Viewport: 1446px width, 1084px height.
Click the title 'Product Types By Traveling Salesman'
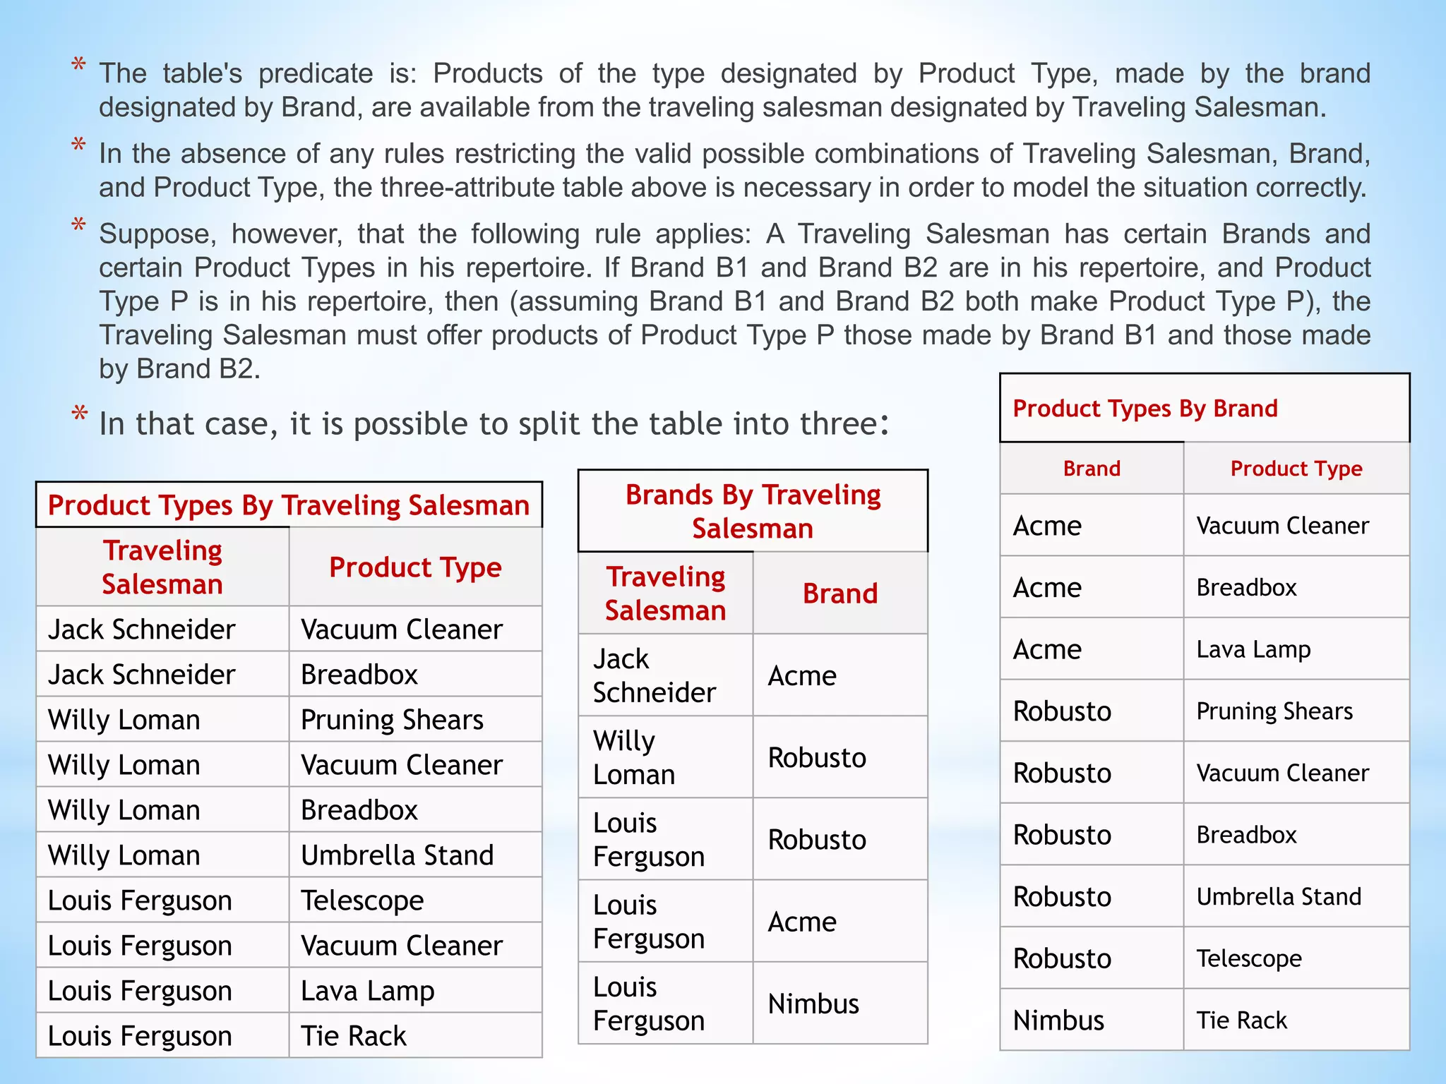point(289,505)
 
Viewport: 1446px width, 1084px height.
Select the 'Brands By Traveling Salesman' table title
point(753,511)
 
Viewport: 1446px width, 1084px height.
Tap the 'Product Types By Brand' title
point(1145,409)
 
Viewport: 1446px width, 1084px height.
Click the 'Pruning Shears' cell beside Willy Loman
point(392,720)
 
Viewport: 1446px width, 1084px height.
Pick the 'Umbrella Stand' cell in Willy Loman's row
point(397,855)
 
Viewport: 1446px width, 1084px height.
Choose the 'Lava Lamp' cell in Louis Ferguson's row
point(367,991)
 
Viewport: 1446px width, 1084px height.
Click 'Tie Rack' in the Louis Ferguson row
point(354,1036)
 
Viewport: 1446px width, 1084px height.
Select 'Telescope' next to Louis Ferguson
point(362,901)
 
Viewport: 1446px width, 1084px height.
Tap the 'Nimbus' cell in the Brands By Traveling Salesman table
point(813,1004)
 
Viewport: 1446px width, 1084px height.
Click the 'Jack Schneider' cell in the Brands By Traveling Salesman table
point(655,675)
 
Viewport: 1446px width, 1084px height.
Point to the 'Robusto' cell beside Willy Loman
point(817,757)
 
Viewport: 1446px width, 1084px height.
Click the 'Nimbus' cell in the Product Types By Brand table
point(1058,1020)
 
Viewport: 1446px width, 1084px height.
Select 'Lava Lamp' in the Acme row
point(1253,649)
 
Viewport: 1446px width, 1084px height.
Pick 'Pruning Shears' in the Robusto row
point(1274,711)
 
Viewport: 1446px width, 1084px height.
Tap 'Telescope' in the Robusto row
point(1249,958)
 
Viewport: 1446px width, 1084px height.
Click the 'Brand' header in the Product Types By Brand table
point(1092,469)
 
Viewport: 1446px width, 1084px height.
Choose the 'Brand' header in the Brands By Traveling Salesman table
point(840,594)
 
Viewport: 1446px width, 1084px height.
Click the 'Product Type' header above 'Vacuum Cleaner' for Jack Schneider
point(415,567)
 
